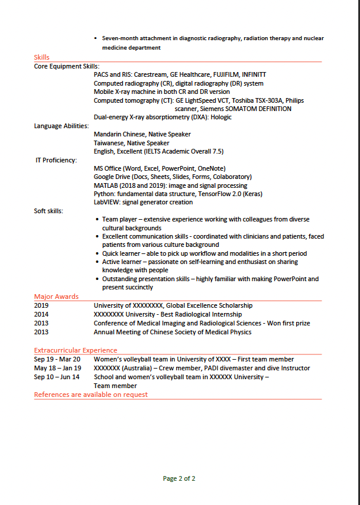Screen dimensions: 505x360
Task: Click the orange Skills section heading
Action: pyautogui.click(x=41, y=57)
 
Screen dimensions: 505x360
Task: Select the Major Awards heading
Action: pyautogui.click(x=56, y=297)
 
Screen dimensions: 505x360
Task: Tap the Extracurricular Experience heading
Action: pyautogui.click(x=75, y=350)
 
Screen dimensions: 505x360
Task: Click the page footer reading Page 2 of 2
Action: pyautogui.click(x=179, y=478)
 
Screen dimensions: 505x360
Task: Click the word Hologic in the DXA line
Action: pyautogui.click(x=221, y=117)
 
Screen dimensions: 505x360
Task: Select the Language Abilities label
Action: pyautogui.click(x=61, y=126)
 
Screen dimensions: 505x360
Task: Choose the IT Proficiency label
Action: pyautogui.click(x=56, y=160)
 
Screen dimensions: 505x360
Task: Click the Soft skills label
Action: pyautogui.click(x=48, y=211)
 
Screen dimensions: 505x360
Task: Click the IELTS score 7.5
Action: pyautogui.click(x=218, y=151)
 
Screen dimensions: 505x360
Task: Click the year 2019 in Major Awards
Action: pyautogui.click(x=41, y=306)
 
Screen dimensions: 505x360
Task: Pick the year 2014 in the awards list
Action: pyautogui.click(x=41, y=315)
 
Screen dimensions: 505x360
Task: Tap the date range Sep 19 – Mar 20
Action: pyautogui.click(x=57, y=359)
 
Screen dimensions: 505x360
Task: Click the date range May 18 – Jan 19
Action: pyautogui.click(x=57, y=368)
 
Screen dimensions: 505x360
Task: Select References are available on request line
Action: pyautogui.click(x=91, y=394)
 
